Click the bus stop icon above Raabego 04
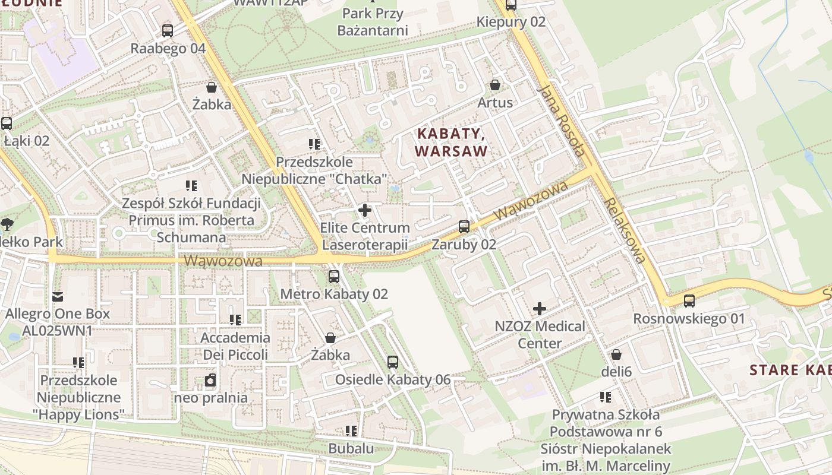click(x=168, y=31)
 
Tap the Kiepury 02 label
click(x=510, y=23)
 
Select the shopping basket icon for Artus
click(x=495, y=85)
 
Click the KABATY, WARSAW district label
click(x=451, y=142)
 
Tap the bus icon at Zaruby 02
click(x=464, y=227)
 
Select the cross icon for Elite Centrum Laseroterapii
click(x=365, y=210)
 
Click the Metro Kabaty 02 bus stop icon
click(x=334, y=277)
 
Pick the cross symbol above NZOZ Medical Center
click(x=540, y=309)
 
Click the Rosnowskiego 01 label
click(x=688, y=319)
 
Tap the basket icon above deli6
click(x=616, y=354)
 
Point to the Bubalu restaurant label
click(x=351, y=448)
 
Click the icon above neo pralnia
click(x=210, y=380)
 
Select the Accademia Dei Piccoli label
click(x=235, y=346)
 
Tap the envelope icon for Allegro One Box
click(x=58, y=296)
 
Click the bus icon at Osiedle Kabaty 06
click(x=392, y=362)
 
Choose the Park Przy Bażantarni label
click(x=373, y=22)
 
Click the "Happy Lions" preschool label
click(x=79, y=397)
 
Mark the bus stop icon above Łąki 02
click(x=7, y=123)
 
